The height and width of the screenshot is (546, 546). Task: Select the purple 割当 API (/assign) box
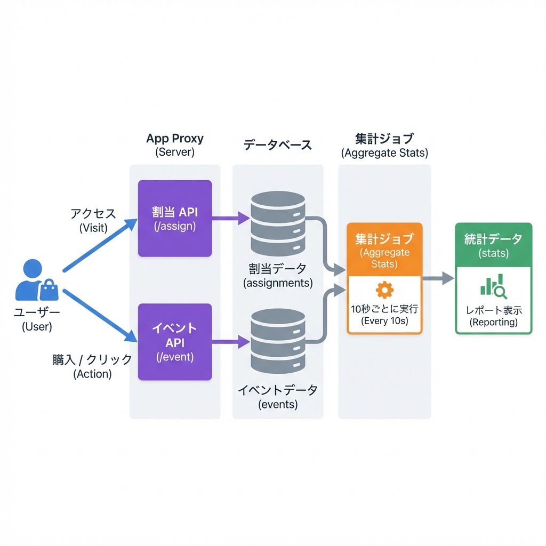pyautogui.click(x=175, y=219)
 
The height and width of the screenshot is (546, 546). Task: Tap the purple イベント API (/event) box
pyautogui.click(x=175, y=342)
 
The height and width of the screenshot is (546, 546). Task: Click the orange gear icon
pyautogui.click(x=384, y=290)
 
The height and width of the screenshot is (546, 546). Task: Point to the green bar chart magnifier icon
pyautogui.click(x=493, y=286)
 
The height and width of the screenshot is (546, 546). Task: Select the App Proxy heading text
pyautogui.click(x=175, y=139)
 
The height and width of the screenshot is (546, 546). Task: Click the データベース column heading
pyautogui.click(x=277, y=144)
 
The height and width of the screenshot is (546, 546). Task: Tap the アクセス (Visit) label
pyautogui.click(x=93, y=214)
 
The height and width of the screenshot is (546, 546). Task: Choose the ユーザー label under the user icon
pyautogui.click(x=37, y=313)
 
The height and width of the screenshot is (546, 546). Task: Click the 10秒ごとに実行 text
pyautogui.click(x=384, y=309)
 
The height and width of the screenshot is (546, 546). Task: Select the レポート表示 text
pyautogui.click(x=494, y=310)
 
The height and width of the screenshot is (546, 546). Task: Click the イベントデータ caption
pyautogui.click(x=278, y=390)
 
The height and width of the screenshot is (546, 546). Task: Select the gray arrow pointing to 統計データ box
pyautogui.click(x=438, y=278)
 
